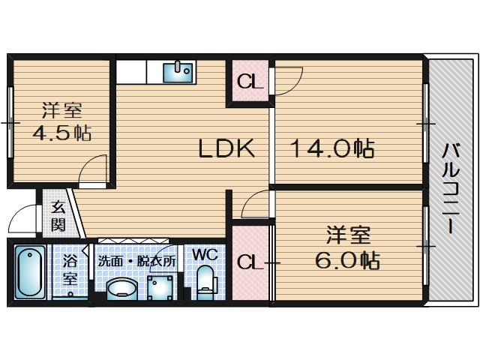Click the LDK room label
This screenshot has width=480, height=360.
click(x=226, y=149)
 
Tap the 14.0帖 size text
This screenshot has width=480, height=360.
click(x=332, y=149)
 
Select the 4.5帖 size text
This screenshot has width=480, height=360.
click(x=61, y=134)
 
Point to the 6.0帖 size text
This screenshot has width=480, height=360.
click(x=347, y=260)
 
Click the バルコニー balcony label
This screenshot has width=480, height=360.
click(x=450, y=187)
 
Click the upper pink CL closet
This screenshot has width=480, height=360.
click(x=250, y=81)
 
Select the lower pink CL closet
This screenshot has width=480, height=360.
click(x=249, y=262)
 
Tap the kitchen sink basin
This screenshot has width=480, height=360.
click(x=180, y=71)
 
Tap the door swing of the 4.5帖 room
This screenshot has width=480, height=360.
click(x=96, y=170)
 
